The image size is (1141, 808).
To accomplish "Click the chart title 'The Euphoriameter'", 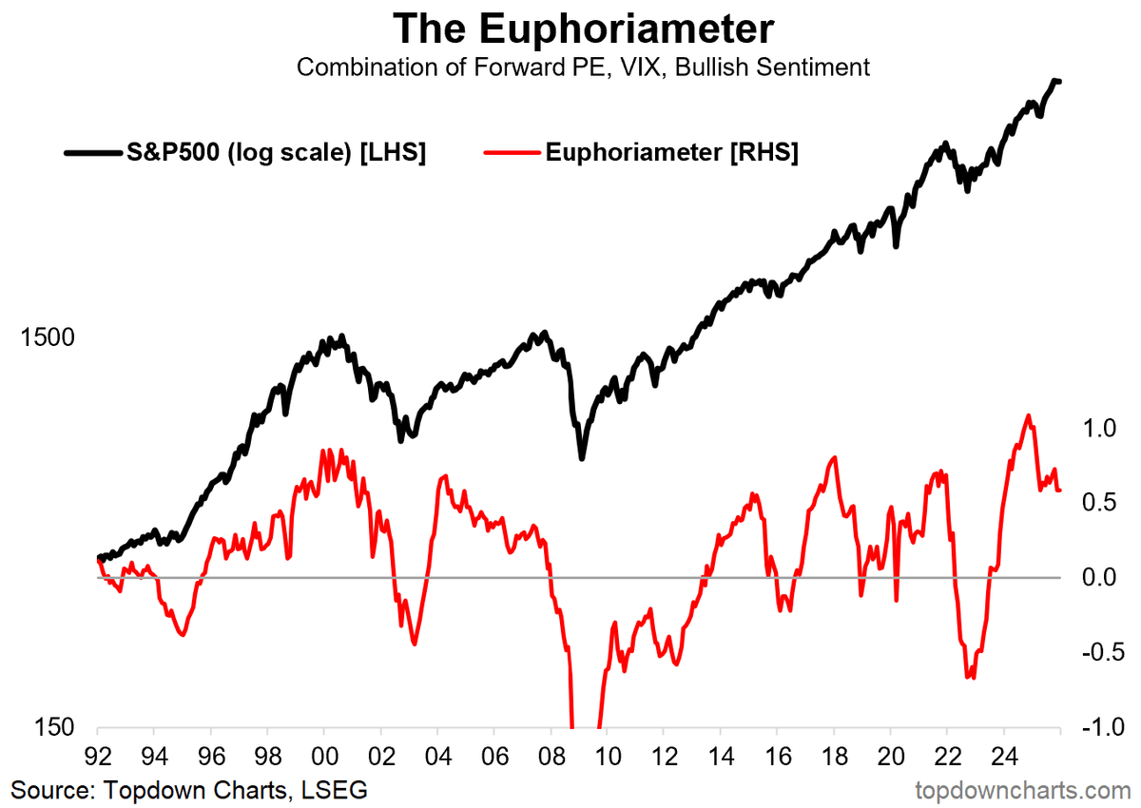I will coord(583,29).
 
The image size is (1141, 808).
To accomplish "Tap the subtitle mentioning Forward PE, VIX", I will coord(583,67).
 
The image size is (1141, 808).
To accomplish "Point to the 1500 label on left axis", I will coord(47,338).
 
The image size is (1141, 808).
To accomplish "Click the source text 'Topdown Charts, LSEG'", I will coord(189,789).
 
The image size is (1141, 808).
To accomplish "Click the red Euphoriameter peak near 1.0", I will coord(1028,416).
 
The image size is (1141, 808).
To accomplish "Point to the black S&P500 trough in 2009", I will coord(582,458).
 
